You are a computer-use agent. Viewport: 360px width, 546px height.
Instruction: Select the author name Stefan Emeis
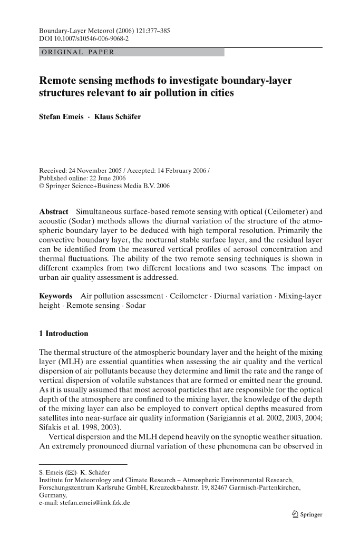61,116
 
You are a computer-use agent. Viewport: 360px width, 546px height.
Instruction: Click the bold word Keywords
56,297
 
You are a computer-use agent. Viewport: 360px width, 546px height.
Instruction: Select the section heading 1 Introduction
64,334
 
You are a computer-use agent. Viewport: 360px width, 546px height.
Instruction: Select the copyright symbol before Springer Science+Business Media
42,186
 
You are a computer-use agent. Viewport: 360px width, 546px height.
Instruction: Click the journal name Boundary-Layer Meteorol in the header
79,31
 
